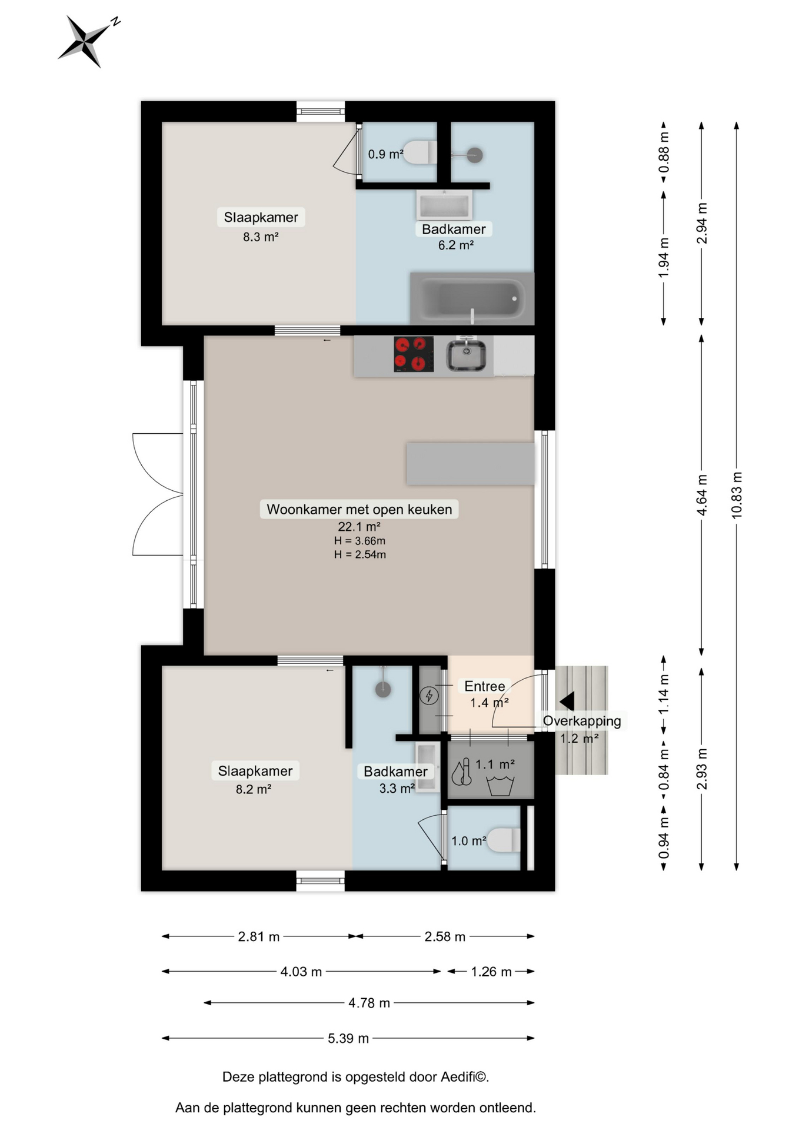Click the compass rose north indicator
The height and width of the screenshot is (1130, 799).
pos(87,41)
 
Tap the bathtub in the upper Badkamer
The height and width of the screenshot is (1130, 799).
pos(472,298)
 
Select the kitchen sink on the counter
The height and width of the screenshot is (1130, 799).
pos(466,355)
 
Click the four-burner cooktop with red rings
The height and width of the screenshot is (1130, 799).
pos(414,354)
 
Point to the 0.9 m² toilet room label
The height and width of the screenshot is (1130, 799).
pos(385,154)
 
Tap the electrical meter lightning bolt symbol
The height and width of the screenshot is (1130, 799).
pos(429,696)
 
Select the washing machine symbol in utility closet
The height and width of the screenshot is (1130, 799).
pos(500,786)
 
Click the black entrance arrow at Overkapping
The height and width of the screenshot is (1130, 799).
pos(567,701)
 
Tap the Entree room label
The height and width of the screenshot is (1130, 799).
pos(484,686)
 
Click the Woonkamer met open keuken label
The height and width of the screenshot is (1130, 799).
pos(359,509)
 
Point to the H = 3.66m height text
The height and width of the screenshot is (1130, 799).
pos(359,540)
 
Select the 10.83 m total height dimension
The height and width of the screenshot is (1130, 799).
pos(737,495)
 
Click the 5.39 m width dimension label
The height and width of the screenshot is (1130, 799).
pos(348,1038)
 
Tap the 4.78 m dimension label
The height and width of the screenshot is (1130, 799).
pos(369,1002)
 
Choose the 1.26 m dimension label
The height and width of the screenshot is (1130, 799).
pos(491,971)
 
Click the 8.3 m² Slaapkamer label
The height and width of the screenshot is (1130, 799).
pos(261,237)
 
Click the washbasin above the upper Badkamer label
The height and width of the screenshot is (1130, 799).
pos(444,205)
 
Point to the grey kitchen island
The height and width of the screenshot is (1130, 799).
pos(471,464)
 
